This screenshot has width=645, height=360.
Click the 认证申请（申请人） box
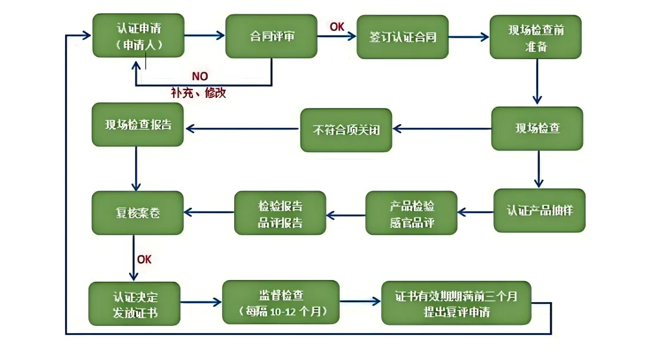[x=138, y=36]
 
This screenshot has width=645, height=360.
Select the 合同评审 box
[x=271, y=36]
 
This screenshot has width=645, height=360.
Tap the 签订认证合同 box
[x=403, y=37]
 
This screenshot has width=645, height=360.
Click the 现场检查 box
[x=537, y=128]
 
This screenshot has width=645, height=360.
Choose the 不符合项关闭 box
[x=346, y=130]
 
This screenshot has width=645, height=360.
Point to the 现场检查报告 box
[x=137, y=125]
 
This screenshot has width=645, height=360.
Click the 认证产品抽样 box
[x=539, y=210]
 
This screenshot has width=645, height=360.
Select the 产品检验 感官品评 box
[x=411, y=213]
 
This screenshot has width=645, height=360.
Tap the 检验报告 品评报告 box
[x=280, y=213]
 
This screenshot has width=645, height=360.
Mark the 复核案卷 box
[x=137, y=213]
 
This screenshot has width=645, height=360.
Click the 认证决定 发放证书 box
[x=134, y=304]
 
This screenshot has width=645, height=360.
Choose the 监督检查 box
[x=281, y=302]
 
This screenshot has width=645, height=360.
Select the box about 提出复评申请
[x=456, y=303]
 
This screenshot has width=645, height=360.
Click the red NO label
[x=199, y=77]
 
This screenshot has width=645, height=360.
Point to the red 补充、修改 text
[x=198, y=93]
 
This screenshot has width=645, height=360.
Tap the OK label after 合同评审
[x=337, y=26]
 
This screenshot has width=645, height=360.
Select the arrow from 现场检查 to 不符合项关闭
[x=442, y=128]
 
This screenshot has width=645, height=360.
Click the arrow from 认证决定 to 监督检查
[x=201, y=303]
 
